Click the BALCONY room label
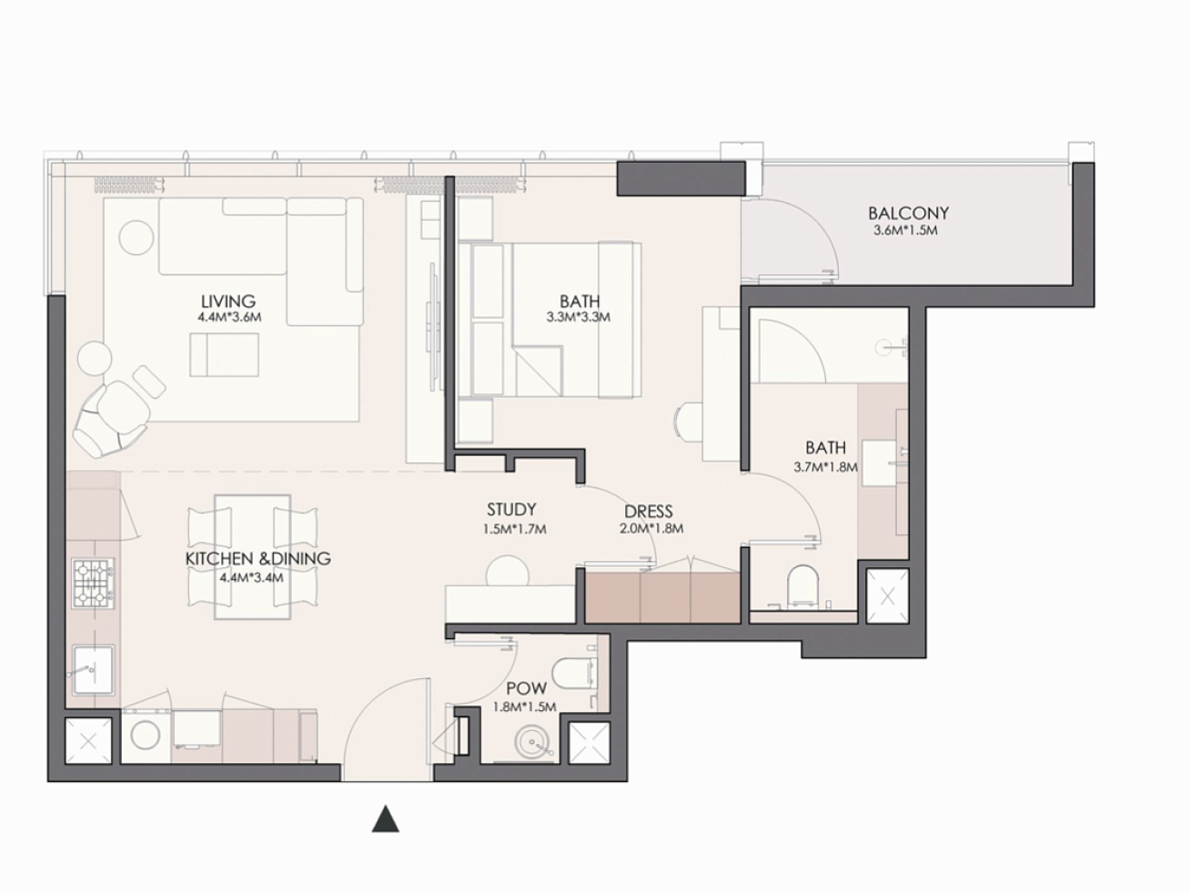[x=908, y=213]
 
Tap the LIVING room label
[x=228, y=301]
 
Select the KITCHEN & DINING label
[x=258, y=558]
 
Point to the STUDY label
[x=511, y=509]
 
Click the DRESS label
[x=649, y=512]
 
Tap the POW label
[x=527, y=688]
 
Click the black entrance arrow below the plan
[x=386, y=818]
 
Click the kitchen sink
[x=93, y=670]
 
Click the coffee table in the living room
[x=224, y=355]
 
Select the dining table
[x=253, y=557]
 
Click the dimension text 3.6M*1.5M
[x=905, y=230]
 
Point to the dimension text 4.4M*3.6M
[x=229, y=317]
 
